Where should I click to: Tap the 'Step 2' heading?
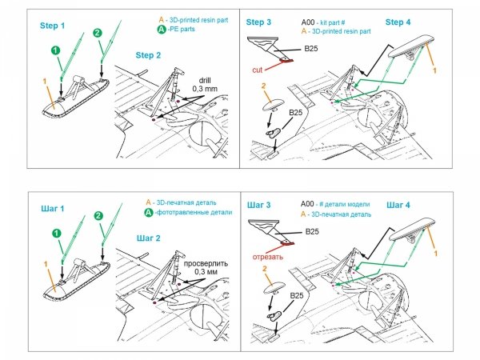pos(149,54)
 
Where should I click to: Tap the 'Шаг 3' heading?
pos(263,205)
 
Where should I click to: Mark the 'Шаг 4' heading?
pos(403,205)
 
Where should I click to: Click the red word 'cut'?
pos(257,70)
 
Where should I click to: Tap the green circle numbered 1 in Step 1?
pos(56,50)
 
